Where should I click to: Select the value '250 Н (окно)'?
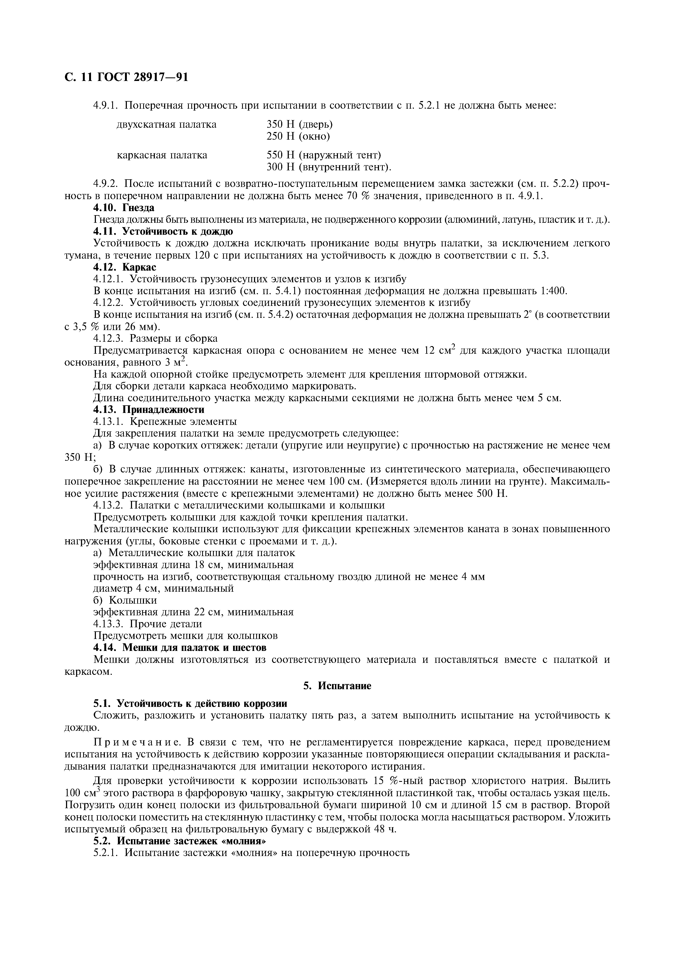pos(298,136)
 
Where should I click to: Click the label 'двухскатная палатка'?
pos(167,124)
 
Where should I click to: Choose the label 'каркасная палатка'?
pos(162,155)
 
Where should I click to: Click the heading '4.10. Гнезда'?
pos(123,208)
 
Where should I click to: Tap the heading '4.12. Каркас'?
pos(124,267)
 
